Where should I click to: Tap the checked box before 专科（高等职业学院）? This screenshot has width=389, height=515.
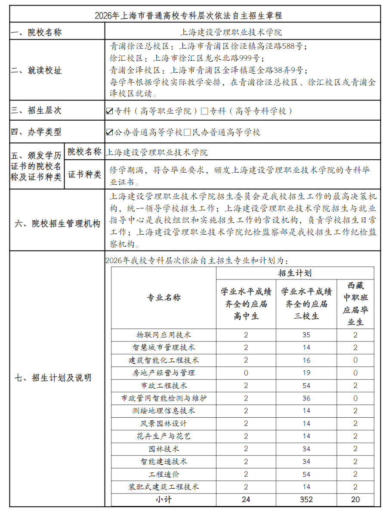pos(110,111)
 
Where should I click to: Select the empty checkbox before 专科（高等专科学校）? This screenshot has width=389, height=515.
pos(204,111)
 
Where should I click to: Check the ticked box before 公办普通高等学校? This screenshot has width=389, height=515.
pos(110,132)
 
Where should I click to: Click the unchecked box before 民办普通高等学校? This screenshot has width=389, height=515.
pos(187,132)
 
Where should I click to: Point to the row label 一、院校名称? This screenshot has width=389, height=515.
pos(37,32)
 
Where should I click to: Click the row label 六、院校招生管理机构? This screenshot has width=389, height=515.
pos(58,224)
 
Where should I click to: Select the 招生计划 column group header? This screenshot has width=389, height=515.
pos(295,273)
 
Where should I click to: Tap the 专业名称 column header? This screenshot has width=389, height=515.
pos(164,298)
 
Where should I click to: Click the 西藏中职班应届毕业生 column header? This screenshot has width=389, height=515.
pos(355,304)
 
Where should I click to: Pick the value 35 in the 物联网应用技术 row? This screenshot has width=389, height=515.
pos(306,335)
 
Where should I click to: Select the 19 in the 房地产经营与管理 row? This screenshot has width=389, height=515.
pos(306,373)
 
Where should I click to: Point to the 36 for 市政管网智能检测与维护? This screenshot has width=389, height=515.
pos(306,398)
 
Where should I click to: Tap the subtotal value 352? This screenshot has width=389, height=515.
pos(306,499)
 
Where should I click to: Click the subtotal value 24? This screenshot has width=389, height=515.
pos(246,499)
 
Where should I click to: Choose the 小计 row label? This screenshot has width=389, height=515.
pos(164,499)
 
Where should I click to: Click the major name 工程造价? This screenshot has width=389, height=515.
pos(164,474)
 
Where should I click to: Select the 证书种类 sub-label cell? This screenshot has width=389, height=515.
pos(85,175)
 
